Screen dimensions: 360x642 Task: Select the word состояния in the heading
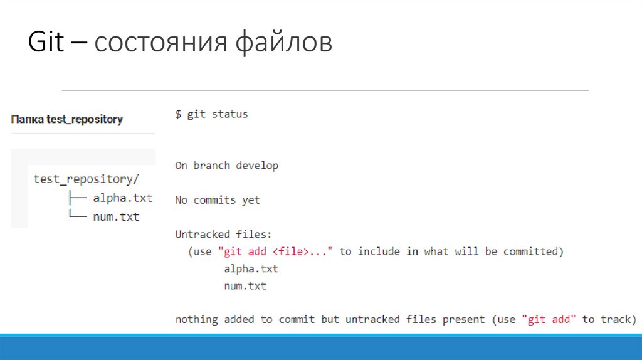point(164,43)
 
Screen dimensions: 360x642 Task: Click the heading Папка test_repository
point(66,119)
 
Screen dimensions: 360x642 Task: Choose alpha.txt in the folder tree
point(123,198)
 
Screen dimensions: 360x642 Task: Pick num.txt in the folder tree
point(116,217)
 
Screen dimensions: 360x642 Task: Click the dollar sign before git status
point(178,114)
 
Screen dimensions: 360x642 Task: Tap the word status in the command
point(230,114)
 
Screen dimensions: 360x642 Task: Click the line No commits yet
point(218,200)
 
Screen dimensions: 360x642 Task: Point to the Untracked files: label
point(223,235)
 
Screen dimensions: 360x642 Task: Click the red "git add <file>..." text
point(276,251)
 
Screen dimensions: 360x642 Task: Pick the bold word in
point(412,251)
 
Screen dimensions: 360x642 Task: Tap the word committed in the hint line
point(529,251)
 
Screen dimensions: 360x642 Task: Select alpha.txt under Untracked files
point(251,268)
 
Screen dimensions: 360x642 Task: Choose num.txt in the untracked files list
point(245,286)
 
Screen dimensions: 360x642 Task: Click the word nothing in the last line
point(196,319)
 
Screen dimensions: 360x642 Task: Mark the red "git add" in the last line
point(549,319)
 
